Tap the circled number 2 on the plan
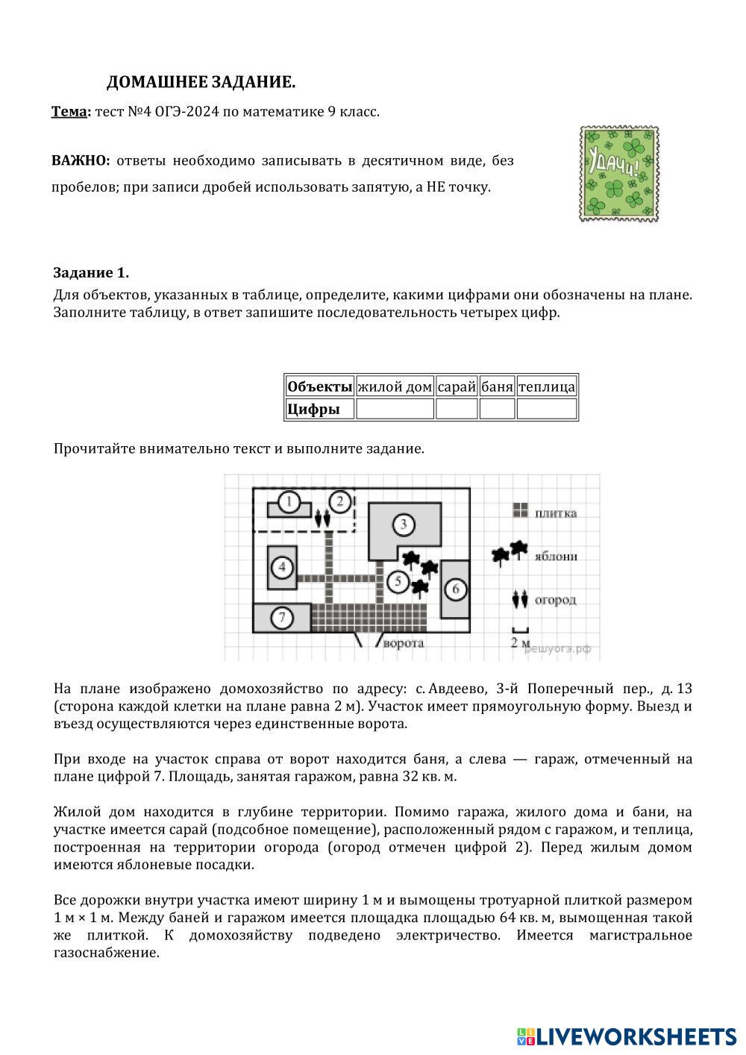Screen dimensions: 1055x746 tap(340, 501)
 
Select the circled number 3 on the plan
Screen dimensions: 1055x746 tap(404, 525)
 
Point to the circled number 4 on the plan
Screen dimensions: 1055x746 tap(282, 568)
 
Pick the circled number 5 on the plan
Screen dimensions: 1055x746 tap(398, 580)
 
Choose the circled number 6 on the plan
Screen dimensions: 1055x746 tap(455, 589)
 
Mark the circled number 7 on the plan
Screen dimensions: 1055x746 tap(281, 618)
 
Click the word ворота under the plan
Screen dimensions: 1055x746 tap(403, 642)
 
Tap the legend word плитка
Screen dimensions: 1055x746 tap(555, 513)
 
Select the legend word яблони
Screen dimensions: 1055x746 tap(556, 556)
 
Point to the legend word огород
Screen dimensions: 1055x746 tap(555, 599)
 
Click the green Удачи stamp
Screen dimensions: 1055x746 tap(619, 174)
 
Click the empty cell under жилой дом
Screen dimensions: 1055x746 tap(395, 409)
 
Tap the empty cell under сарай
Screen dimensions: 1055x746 tap(457, 409)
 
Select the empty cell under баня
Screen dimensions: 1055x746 tap(497, 409)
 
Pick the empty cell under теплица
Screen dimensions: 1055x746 tap(547, 409)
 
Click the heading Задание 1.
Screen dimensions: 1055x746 tap(91, 272)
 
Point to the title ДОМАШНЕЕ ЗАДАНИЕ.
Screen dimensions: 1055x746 tap(201, 82)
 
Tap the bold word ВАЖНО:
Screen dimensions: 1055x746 tap(81, 160)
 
